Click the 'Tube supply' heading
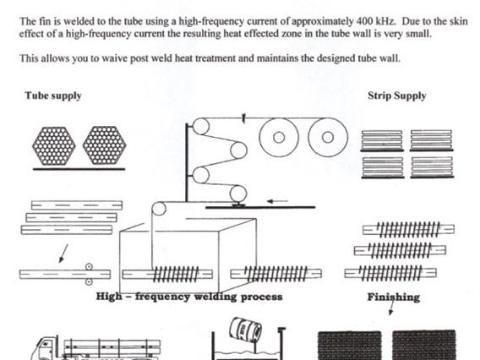(x=53, y=95)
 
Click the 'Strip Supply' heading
(x=396, y=95)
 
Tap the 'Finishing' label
(x=393, y=297)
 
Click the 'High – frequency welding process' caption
(x=189, y=297)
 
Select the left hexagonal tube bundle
(x=54, y=146)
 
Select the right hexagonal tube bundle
(x=105, y=145)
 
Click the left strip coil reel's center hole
(x=279, y=138)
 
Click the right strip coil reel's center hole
(x=328, y=138)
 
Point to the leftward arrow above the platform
(x=277, y=201)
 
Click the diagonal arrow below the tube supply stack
(x=63, y=254)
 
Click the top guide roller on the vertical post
(x=201, y=126)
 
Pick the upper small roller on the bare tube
(x=89, y=267)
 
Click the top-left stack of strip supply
(x=382, y=141)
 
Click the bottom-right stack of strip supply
(x=432, y=167)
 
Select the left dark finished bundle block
(x=350, y=346)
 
